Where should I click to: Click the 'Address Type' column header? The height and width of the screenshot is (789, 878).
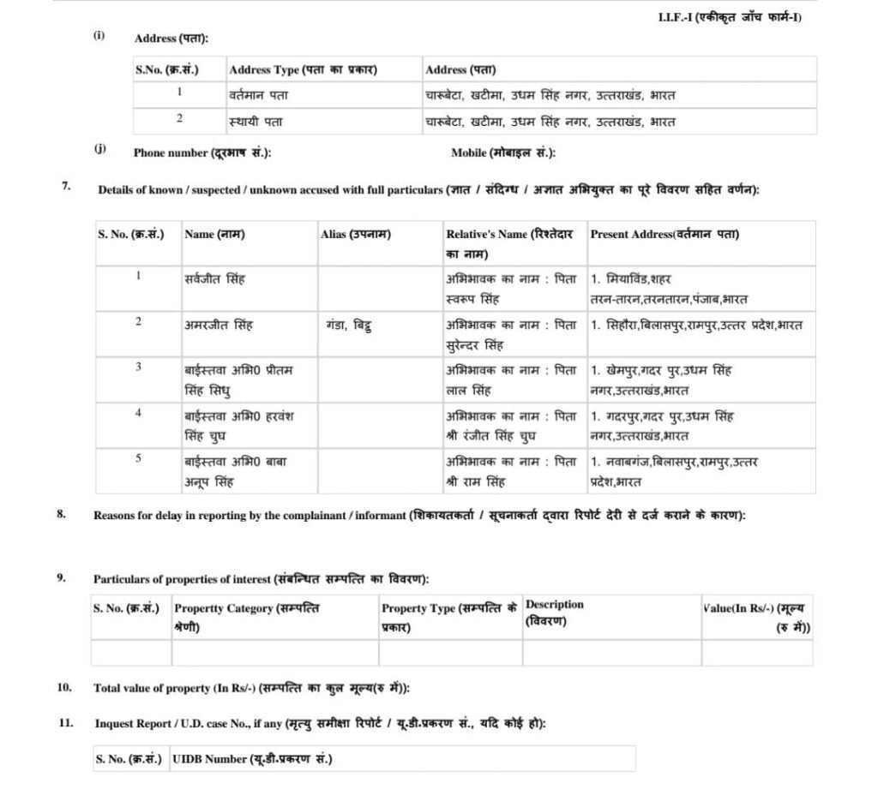[303, 69]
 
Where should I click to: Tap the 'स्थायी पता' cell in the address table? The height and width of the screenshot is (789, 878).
[256, 122]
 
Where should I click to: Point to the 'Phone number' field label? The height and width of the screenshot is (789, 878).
[202, 152]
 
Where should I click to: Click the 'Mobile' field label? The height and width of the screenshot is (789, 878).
[503, 152]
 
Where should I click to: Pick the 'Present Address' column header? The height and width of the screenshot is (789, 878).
[665, 234]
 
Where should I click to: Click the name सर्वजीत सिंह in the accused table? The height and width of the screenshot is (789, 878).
[214, 279]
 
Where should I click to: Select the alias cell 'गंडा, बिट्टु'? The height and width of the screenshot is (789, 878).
[348, 325]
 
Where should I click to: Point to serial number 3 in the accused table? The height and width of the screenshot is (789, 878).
[138, 367]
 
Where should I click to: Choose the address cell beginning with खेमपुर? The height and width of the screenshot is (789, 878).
[661, 380]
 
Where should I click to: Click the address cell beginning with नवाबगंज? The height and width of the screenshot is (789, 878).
[673, 471]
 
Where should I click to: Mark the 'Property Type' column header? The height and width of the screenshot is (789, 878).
[448, 616]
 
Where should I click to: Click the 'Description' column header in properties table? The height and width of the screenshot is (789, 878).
[555, 612]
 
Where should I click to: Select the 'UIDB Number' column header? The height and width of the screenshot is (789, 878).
[252, 759]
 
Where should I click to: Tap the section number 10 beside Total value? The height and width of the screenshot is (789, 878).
[64, 687]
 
